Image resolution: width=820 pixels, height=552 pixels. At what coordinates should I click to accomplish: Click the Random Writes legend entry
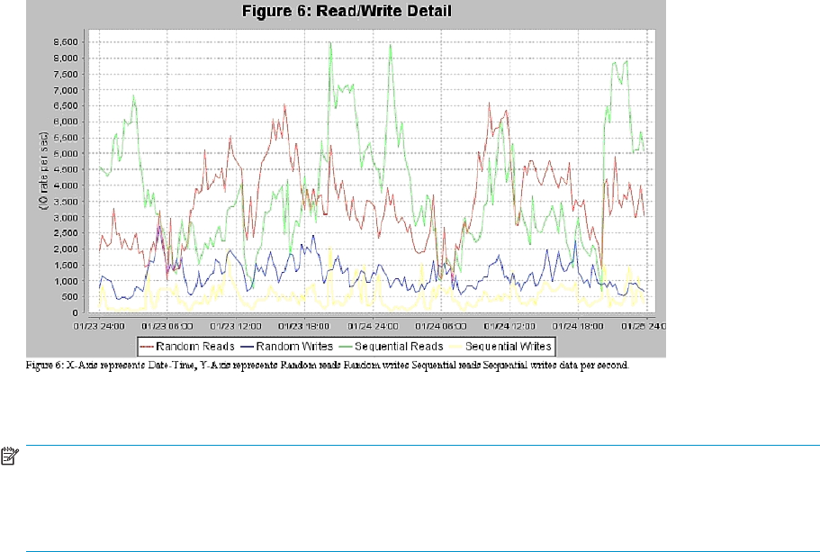click(291, 346)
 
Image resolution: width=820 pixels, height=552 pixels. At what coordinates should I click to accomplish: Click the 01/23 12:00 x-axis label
click(230, 324)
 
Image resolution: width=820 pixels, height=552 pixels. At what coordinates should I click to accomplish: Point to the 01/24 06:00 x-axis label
click(439, 324)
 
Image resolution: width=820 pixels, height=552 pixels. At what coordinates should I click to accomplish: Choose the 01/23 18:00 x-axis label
click(300, 324)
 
